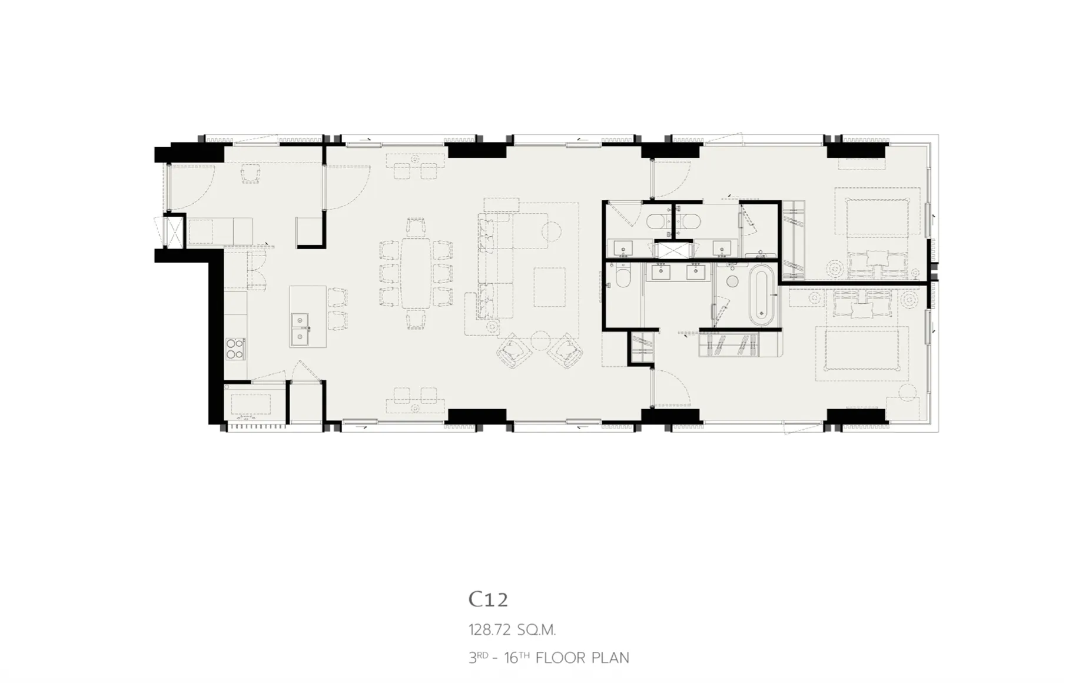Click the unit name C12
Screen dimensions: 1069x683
488,599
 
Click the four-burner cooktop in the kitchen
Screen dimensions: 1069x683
235,348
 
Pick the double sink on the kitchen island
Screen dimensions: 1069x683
301,329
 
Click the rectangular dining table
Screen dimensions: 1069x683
417,273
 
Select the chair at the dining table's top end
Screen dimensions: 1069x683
416,228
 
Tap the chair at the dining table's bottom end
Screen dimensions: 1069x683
416,319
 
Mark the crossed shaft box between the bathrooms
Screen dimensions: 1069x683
674,250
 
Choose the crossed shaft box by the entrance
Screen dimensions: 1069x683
173,231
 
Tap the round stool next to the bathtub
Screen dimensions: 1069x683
732,281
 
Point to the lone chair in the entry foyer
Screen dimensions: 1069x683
251,174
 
